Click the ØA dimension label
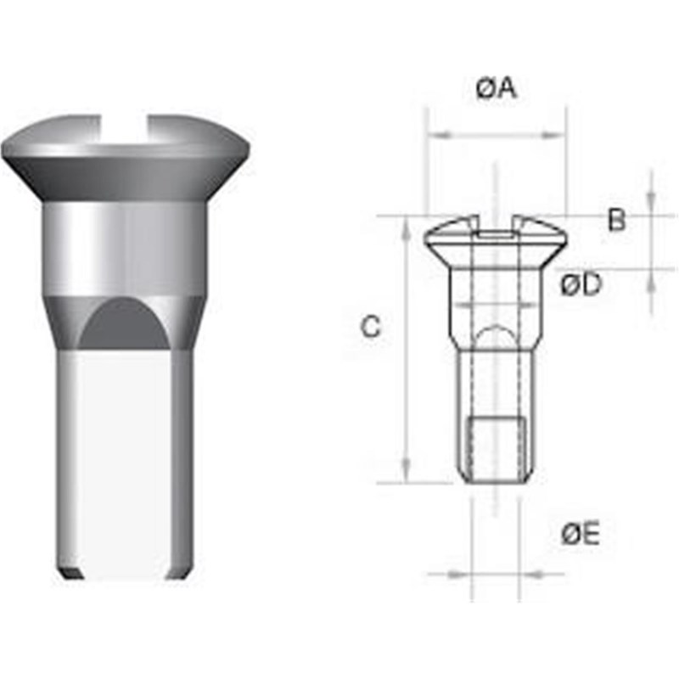[x=497, y=88]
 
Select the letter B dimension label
[x=617, y=221]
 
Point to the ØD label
[x=581, y=285]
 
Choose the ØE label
[x=581, y=534]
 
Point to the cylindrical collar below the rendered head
[x=125, y=246]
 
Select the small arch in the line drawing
[x=495, y=335]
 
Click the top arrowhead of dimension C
[x=407, y=226]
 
